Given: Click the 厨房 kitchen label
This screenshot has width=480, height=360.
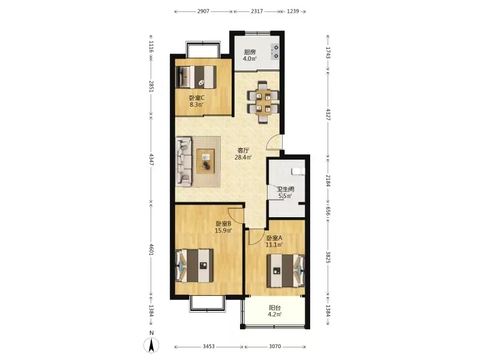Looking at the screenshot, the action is click(250, 52).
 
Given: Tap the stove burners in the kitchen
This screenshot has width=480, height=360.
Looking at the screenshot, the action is click(275, 52).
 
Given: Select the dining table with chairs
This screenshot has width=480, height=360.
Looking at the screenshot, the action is click(263, 102).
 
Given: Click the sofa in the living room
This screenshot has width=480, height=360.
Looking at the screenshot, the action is click(184, 161).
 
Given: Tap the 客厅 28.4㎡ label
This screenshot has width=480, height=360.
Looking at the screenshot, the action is click(243, 154).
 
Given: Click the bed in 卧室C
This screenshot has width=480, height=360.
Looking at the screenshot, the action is click(196, 77).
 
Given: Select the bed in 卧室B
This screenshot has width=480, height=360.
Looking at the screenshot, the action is click(194, 266).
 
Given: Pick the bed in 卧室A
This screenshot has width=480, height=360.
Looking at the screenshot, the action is click(286, 271).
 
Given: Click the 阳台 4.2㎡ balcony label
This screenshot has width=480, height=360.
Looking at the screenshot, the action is click(275, 311).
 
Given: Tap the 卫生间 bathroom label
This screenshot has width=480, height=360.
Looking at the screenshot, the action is click(286, 190).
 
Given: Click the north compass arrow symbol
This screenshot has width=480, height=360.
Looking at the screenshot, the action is click(151, 346).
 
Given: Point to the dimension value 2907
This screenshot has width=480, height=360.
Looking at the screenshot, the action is click(203, 11).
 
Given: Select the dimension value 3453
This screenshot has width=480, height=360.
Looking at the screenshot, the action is click(208, 347).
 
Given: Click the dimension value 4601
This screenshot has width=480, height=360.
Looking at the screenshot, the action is click(151, 249).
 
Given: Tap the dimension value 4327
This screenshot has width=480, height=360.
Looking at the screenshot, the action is click(328, 114).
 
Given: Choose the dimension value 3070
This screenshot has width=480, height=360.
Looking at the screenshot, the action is click(275, 347).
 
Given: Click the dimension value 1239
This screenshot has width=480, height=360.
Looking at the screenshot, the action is click(293, 11).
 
